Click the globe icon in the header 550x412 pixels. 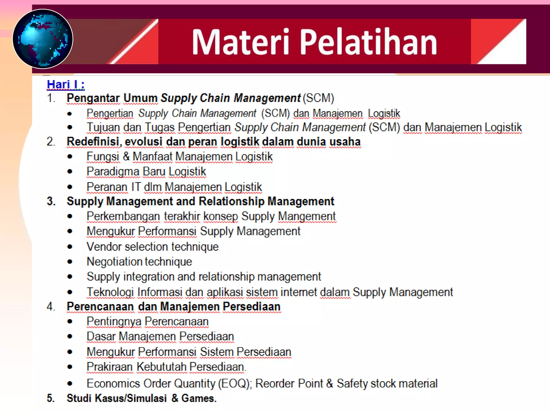click(x=43, y=39)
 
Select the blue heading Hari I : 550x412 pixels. click(x=66, y=84)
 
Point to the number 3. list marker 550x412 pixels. click(x=51, y=201)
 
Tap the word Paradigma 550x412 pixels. click(x=113, y=172)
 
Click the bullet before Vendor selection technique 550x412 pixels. click(x=70, y=247)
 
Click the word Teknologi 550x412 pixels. click(x=110, y=292)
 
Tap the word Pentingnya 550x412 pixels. click(x=114, y=322)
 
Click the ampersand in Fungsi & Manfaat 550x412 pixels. click(x=126, y=156)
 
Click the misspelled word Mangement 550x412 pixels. click(x=307, y=216)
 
